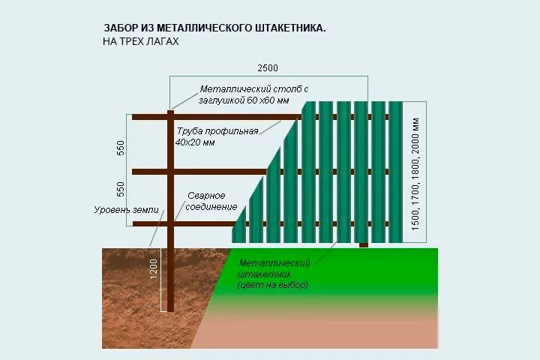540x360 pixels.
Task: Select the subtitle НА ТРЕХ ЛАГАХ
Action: click(x=141, y=42)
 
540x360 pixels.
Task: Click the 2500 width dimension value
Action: click(x=268, y=68)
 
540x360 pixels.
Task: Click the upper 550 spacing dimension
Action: click(x=121, y=147)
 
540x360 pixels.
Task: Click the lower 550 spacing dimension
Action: click(x=121, y=188)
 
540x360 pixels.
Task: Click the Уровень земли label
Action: click(x=126, y=210)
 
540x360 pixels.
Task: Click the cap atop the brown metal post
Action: click(x=171, y=112)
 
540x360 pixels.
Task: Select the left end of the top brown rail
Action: click(x=136, y=116)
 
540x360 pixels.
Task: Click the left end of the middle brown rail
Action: click(x=136, y=172)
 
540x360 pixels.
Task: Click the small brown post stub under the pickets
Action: click(x=364, y=244)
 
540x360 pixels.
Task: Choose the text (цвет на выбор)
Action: click(x=271, y=286)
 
